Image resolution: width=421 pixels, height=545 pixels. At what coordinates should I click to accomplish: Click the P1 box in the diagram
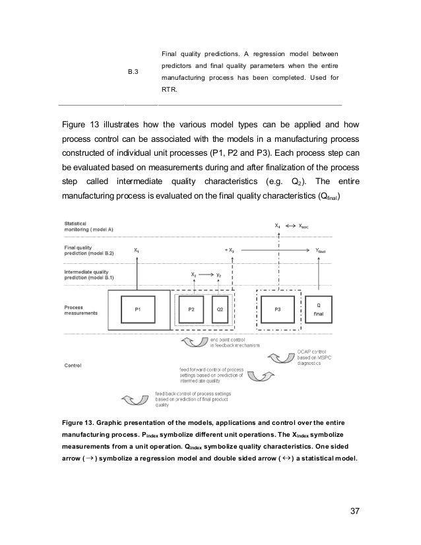[x=137, y=308]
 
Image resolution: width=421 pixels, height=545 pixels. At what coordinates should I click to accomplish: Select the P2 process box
[x=191, y=308]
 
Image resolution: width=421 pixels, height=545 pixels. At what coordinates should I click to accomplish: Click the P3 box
[x=278, y=308]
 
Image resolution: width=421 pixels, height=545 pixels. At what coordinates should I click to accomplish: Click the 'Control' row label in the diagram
[x=73, y=364]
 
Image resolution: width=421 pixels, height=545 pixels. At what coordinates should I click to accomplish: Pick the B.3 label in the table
[x=133, y=71]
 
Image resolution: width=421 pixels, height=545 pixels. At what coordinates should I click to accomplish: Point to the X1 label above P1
[x=137, y=251]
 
